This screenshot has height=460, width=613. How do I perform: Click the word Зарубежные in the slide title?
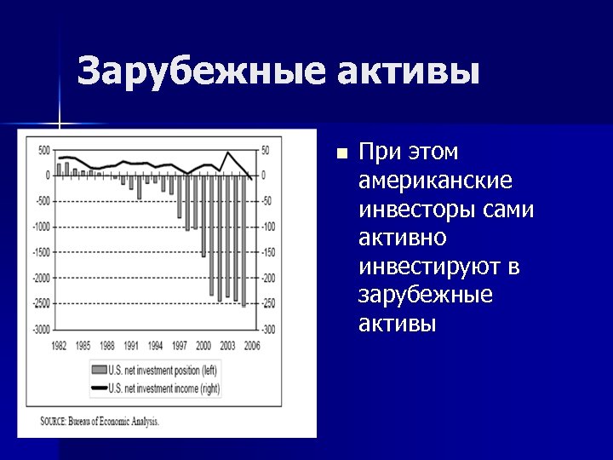[199, 72]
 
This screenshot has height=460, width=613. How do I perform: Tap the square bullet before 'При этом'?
[341, 154]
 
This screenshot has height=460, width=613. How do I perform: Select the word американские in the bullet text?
[435, 181]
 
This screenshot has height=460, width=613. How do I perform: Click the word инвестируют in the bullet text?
[431, 267]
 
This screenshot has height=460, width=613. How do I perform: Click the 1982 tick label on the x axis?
[59, 345]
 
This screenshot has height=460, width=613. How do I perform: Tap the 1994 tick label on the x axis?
[156, 345]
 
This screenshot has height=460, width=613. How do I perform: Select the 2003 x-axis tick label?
[228, 345]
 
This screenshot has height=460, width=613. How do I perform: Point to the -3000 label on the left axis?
[41, 329]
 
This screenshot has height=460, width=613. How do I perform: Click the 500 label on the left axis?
[44, 150]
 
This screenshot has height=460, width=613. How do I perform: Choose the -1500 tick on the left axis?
[41, 252]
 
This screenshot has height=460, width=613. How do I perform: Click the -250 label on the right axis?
[269, 303]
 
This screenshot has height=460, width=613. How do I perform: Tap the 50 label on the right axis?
[266, 150]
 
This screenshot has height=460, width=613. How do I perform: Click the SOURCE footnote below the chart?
[100, 421]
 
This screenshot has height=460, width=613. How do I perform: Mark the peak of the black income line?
[227, 152]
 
